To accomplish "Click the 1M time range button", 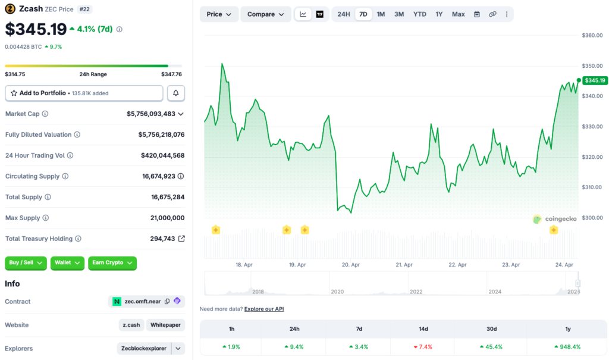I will [x=381, y=14].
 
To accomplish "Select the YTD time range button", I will [x=420, y=14].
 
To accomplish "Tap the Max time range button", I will [x=458, y=14].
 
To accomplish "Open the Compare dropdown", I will [x=265, y=14].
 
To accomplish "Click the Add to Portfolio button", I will [x=84, y=93].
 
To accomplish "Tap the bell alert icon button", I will [x=176, y=93].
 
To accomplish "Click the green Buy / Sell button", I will [x=26, y=263].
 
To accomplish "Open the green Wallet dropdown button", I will [x=68, y=263].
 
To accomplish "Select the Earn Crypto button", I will [x=112, y=263].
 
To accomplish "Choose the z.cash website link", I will [x=131, y=325].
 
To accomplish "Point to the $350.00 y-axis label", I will [x=592, y=66].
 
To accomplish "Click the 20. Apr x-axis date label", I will [x=351, y=265].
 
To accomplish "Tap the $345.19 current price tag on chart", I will [x=595, y=80].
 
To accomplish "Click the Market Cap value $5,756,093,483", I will [x=151, y=114].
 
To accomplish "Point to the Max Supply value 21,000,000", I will [x=167, y=218].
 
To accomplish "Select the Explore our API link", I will [x=264, y=309].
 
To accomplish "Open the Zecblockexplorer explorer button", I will [x=144, y=349].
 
